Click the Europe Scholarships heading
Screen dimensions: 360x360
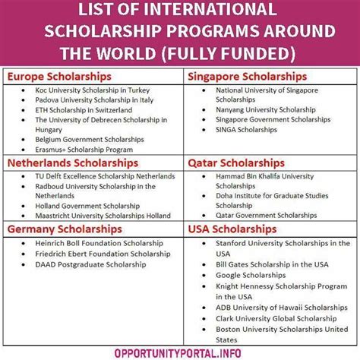(59, 77)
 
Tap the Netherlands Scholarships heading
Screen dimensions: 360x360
(72, 163)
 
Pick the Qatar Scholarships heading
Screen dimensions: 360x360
(230, 163)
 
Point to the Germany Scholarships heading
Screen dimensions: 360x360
(65, 229)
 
